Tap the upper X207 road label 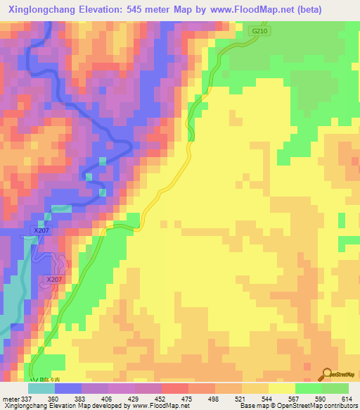click(x=41, y=230)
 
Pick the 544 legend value click(x=268, y=399)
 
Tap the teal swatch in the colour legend click(x=41, y=388)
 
